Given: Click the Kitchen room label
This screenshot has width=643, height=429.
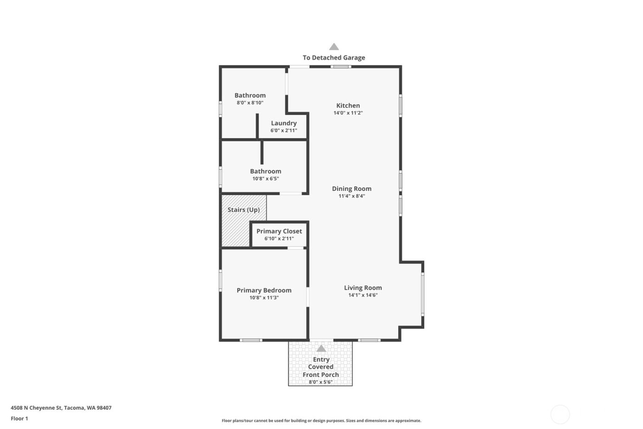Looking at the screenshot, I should point(348,105).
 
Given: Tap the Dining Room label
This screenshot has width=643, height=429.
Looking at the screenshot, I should point(351,189).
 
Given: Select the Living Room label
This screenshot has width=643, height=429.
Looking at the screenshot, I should point(363,288).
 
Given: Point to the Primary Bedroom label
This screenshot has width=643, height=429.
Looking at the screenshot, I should point(264,290).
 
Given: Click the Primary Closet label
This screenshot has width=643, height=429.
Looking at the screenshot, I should point(279,231).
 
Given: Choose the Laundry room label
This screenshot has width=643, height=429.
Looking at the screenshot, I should point(284,123).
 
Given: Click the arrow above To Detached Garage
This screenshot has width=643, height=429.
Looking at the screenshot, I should point(334,47).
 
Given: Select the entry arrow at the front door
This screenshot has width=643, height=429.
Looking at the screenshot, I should point(321,349).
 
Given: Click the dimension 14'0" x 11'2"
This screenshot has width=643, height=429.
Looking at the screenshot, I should point(348,113).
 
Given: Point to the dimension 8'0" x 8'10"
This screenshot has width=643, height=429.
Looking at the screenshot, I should point(250,103).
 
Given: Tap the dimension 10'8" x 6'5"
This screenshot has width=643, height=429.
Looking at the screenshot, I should point(265,179).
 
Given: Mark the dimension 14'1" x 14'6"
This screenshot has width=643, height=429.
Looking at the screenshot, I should point(363,295).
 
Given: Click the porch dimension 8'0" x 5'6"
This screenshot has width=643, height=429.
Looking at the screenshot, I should point(321,382).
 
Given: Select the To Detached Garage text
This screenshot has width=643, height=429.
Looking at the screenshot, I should point(334,58).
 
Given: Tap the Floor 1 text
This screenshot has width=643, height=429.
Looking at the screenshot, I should point(19,418).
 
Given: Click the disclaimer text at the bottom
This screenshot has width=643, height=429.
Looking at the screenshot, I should point(321,421).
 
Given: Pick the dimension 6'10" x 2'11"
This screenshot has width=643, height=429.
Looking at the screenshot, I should point(279,239).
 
